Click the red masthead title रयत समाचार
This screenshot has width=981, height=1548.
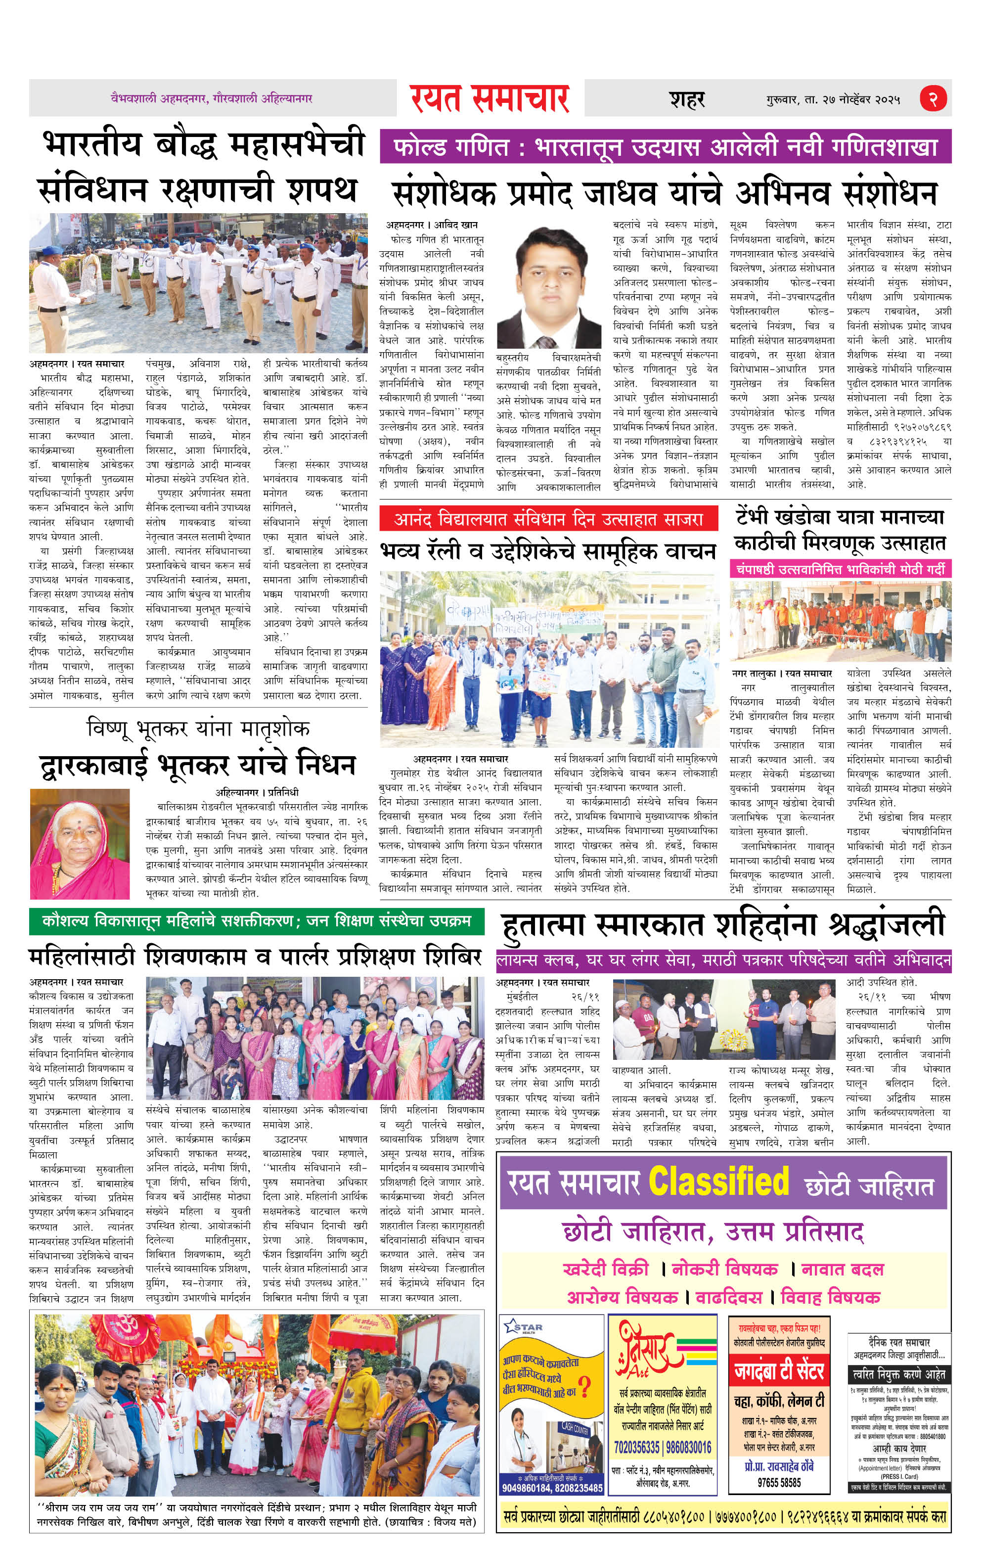(490, 98)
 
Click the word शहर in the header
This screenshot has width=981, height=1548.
(687, 99)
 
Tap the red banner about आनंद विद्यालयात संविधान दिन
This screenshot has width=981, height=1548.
(548, 519)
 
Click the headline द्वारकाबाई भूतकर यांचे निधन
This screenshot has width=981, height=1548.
(197, 765)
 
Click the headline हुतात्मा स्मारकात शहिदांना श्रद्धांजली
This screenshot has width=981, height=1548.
(723, 925)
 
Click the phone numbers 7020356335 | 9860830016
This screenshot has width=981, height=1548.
(662, 1448)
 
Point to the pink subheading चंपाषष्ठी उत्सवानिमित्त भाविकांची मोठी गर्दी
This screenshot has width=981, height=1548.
(840, 569)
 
